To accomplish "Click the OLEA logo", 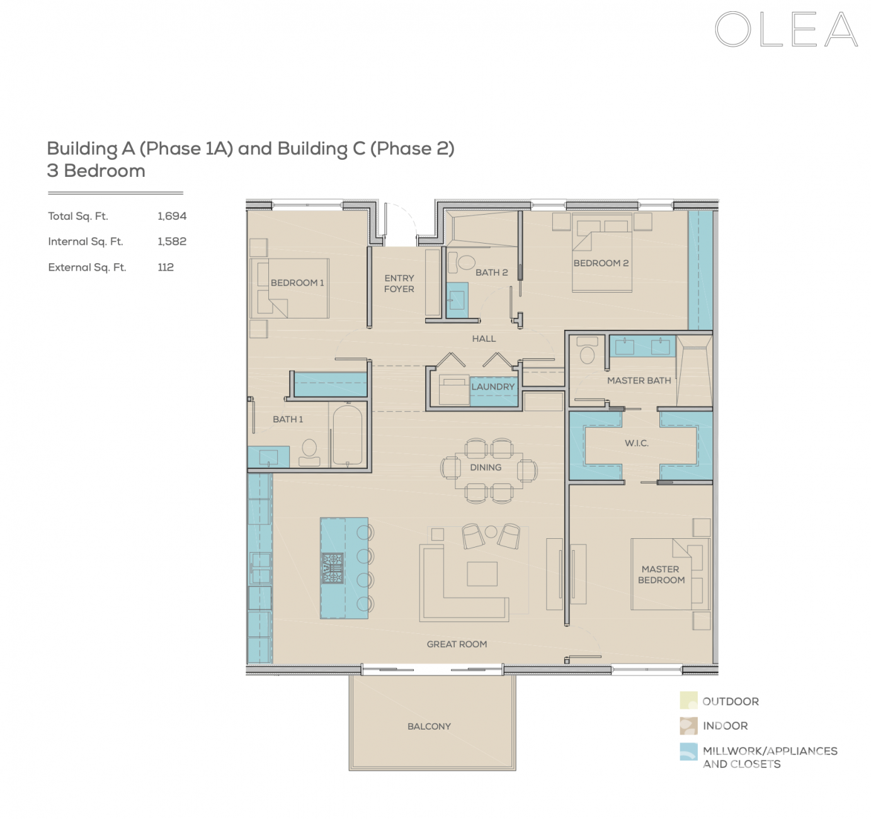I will [786, 30].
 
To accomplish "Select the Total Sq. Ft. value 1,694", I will [172, 216].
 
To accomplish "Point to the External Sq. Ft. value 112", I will [166, 267].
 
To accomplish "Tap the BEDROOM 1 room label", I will [297, 283].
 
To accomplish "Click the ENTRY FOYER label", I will [399, 283].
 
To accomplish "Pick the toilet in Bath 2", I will [465, 262].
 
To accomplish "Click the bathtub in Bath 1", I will [347, 435].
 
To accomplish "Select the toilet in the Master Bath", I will [587, 353].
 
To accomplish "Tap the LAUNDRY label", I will [493, 387].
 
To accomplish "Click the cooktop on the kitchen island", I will [333, 568].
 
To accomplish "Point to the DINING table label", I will [486, 467].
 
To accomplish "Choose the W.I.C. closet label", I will [637, 443].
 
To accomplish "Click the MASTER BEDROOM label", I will [661, 574].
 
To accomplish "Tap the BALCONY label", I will [429, 726].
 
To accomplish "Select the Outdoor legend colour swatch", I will [688, 701].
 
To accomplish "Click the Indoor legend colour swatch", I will [688, 726].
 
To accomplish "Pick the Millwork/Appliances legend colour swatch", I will [688, 752].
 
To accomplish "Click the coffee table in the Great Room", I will [482, 573].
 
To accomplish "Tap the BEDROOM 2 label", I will [601, 263].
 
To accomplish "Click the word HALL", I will [484, 339].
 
